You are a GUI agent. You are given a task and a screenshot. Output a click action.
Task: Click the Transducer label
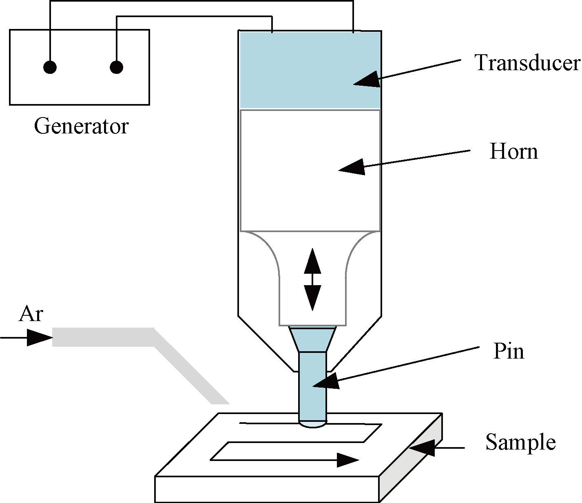click(x=527, y=63)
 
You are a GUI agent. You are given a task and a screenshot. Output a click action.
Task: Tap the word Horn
click(x=513, y=151)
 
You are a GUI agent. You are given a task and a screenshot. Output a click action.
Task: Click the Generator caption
click(x=81, y=126)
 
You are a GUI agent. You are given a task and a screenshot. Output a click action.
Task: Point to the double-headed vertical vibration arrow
click(x=312, y=279)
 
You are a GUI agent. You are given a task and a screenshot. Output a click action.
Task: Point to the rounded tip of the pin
click(x=313, y=424)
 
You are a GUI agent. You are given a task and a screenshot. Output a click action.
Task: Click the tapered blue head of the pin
click(x=313, y=339)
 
